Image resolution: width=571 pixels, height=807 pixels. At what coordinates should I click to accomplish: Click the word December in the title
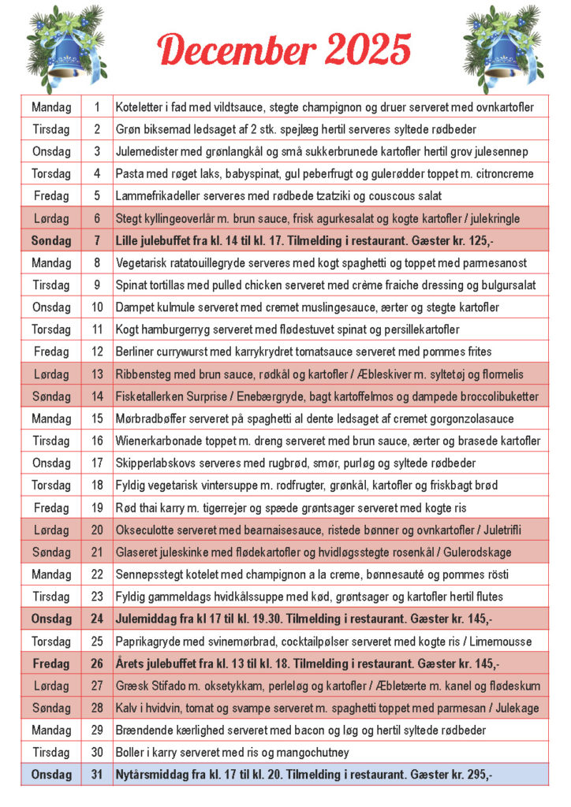click(x=237, y=50)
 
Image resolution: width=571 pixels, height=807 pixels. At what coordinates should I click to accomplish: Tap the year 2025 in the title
click(x=368, y=50)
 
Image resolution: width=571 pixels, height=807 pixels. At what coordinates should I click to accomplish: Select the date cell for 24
click(x=97, y=619)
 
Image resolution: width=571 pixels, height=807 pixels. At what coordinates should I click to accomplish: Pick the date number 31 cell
click(x=97, y=775)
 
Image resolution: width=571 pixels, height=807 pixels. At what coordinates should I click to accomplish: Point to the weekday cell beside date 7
click(x=51, y=240)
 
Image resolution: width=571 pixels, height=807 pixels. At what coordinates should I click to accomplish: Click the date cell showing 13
click(x=97, y=374)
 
